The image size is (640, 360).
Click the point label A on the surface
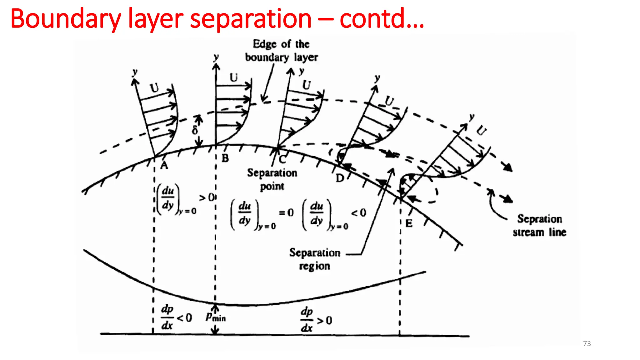click(x=164, y=165)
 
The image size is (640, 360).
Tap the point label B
click(x=225, y=158)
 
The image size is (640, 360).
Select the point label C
click(x=282, y=159)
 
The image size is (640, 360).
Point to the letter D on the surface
click(x=340, y=178)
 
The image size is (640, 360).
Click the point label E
click(x=409, y=223)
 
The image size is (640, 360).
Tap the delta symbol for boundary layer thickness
click(x=195, y=130)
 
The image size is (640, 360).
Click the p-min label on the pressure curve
click(x=216, y=317)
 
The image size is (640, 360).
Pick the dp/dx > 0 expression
click(x=316, y=320)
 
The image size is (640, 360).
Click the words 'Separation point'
click(x=272, y=179)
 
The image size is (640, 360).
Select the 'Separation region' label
click(x=315, y=259)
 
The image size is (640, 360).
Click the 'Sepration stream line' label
click(x=539, y=225)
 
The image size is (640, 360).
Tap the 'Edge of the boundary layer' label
click(x=281, y=51)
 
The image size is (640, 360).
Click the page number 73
click(x=587, y=343)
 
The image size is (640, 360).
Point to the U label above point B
click(x=234, y=77)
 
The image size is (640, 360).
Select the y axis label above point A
click(x=135, y=72)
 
